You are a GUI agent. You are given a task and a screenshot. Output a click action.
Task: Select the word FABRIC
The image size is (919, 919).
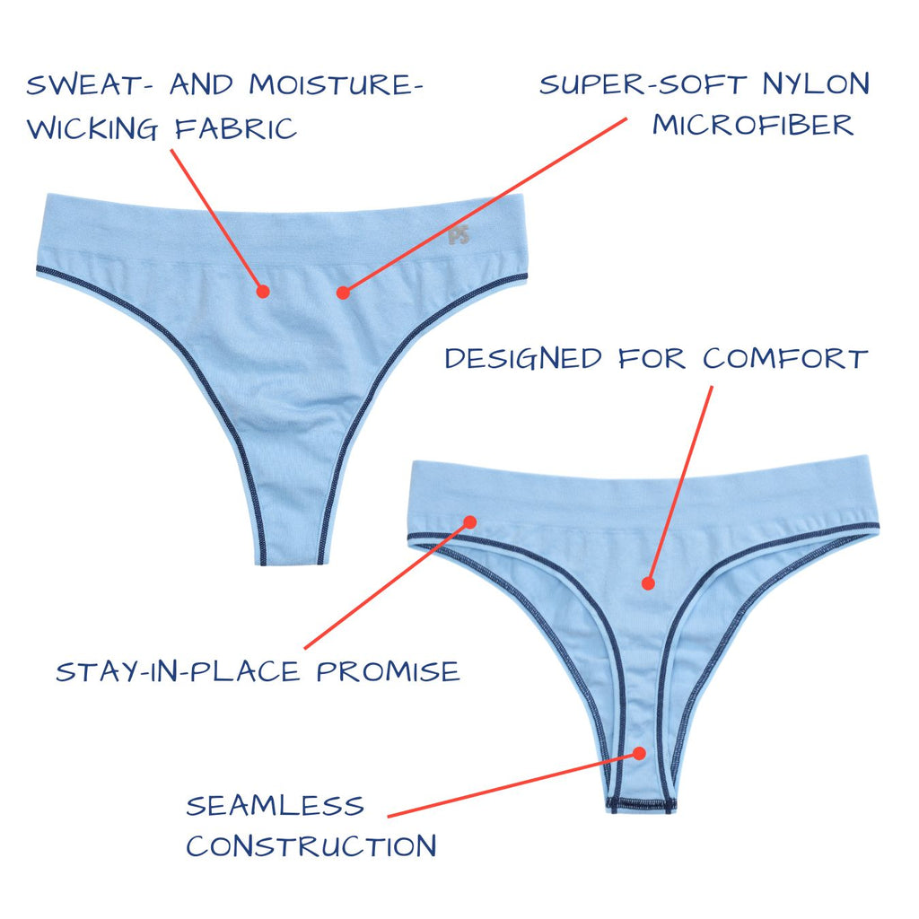tap(235, 128)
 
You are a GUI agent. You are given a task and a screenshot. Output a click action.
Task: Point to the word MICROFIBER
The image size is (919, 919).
tap(752, 125)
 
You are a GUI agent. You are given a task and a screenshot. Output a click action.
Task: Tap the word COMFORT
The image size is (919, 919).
tap(784, 359)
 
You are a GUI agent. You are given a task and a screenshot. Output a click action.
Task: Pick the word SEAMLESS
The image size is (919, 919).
tap(275, 805)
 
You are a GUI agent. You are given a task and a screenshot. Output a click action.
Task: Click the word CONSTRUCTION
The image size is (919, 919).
tap(311, 845)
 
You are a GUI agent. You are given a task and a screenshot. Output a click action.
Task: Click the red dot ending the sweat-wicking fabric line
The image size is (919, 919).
tap(263, 291)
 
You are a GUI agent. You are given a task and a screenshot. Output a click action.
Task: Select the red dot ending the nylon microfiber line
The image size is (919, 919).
tap(342, 291)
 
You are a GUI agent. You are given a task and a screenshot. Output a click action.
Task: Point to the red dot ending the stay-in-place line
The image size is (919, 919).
tap(469, 521)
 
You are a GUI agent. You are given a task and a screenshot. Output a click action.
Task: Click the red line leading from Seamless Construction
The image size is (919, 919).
tap(512, 785)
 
